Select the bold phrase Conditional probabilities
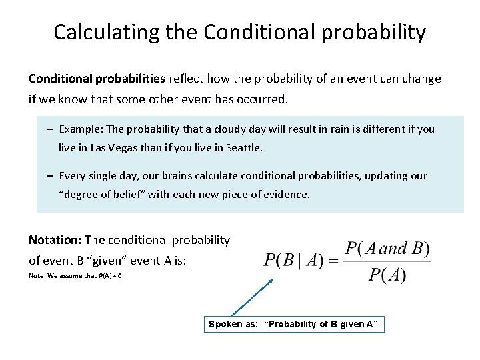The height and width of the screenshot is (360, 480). pyautogui.click(x=97, y=79)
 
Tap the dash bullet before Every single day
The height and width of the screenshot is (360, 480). pyautogui.click(x=51, y=176)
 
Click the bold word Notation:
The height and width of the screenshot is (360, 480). pyautogui.click(x=55, y=240)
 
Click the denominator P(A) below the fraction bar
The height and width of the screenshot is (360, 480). pyautogui.click(x=388, y=275)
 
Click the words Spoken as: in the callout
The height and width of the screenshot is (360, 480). pyautogui.click(x=233, y=325)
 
